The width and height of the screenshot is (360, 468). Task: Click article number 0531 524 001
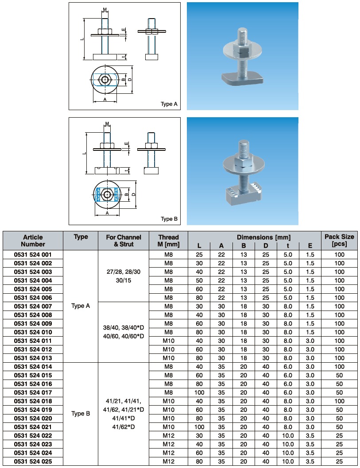(x=33, y=255)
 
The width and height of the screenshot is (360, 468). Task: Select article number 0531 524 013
(x=33, y=358)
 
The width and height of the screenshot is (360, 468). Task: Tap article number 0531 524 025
(x=33, y=461)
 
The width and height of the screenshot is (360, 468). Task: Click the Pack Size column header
(x=339, y=240)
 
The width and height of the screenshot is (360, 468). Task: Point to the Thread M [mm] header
(x=168, y=240)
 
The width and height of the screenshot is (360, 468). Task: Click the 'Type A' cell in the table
(x=81, y=306)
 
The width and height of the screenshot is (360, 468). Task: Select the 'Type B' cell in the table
(x=81, y=414)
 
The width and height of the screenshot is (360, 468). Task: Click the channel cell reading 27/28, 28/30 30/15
(x=123, y=276)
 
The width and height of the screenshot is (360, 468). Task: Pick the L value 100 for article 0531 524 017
(x=200, y=392)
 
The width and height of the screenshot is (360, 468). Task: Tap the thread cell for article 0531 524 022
(x=168, y=435)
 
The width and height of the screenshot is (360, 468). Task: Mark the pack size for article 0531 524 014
(x=339, y=367)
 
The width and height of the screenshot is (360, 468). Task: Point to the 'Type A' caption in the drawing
(x=169, y=104)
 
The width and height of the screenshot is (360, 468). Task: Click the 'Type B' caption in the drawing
(x=169, y=219)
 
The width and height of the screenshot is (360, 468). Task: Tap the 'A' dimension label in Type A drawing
(x=105, y=100)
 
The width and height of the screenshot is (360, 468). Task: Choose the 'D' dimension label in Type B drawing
(x=133, y=194)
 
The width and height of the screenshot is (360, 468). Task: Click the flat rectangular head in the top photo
(x=243, y=79)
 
